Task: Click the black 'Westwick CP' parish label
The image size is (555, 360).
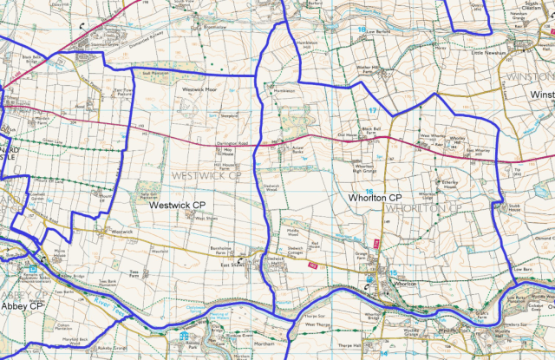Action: pos(176,206)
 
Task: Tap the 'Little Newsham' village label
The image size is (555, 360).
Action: pos(488,52)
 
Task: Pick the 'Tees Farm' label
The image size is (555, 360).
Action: pos(134,274)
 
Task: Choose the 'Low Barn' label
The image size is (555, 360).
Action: pos(520,269)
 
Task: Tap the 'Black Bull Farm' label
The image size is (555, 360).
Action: pos(372,131)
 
